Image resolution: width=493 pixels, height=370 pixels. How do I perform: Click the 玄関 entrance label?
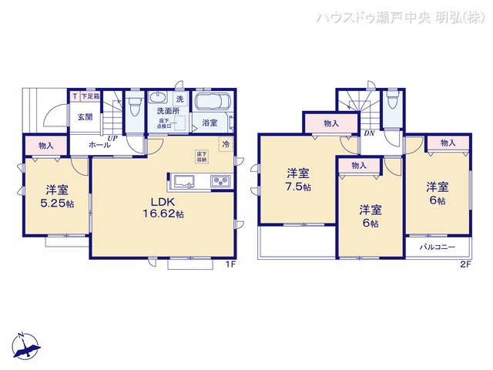pos(85,117)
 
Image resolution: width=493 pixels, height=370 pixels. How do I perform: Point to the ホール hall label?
pos(98,144)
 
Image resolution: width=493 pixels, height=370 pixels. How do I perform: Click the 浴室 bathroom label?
pos(210,123)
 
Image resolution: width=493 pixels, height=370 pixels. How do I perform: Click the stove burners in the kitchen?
pos(219,181)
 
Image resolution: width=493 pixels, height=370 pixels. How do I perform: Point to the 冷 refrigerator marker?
pos(226,143)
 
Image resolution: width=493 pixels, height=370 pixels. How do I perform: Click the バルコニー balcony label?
pos(438,247)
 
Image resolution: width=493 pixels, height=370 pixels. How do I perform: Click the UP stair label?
pos(112,138)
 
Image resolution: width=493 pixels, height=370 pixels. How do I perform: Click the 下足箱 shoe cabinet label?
pos(90,96)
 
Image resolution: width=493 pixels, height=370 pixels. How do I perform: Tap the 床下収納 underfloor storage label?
pos(200,156)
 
